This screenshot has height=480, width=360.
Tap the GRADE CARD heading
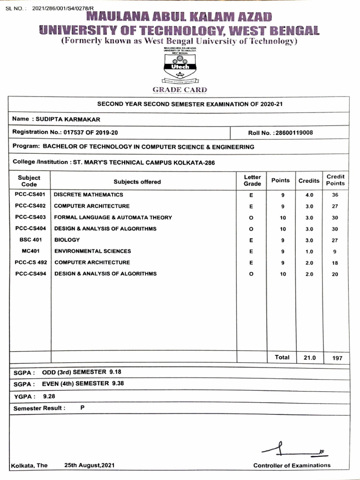coord(180,90)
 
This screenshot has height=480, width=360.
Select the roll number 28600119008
coord(293,133)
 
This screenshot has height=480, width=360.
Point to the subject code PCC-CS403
coord(30,217)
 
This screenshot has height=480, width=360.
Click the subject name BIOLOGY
coord(67,240)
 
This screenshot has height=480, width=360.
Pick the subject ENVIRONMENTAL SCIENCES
coord(93,251)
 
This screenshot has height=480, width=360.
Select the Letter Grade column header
coord(252,180)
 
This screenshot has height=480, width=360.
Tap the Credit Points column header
coord(335,180)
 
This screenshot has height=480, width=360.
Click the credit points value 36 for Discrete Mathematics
coord(335,195)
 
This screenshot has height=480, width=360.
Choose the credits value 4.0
coord(309,195)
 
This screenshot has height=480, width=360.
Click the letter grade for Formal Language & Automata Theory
coord(252,218)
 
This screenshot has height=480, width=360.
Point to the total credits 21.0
coord(310,358)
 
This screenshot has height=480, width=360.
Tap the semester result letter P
coord(82,408)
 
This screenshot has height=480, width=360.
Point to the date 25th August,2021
coord(89,465)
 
